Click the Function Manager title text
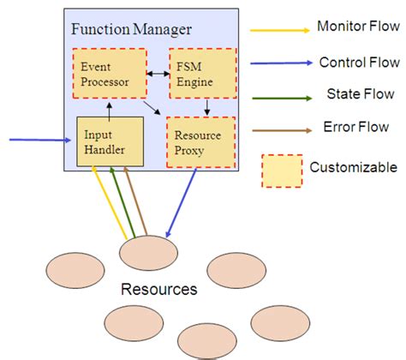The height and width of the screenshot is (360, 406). pyautogui.click(x=129, y=31)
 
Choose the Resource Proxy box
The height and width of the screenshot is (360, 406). pyautogui.click(x=198, y=141)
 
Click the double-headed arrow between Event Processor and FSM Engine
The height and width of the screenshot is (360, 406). pyautogui.click(x=158, y=74)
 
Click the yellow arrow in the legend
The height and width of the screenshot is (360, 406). pyautogui.click(x=279, y=29)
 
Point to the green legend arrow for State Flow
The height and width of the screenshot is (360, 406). pyautogui.click(x=279, y=96)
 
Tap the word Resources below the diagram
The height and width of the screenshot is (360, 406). pyautogui.click(x=158, y=290)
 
